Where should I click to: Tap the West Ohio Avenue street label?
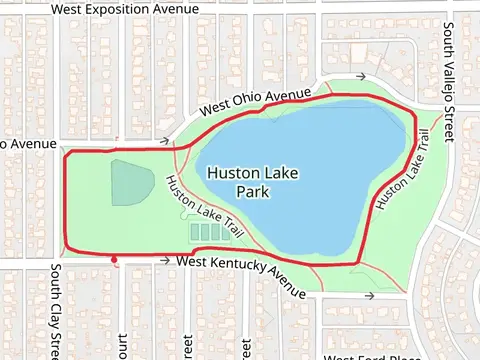pyautogui.click(x=256, y=102)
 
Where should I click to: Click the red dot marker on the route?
pyautogui.click(x=115, y=260)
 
